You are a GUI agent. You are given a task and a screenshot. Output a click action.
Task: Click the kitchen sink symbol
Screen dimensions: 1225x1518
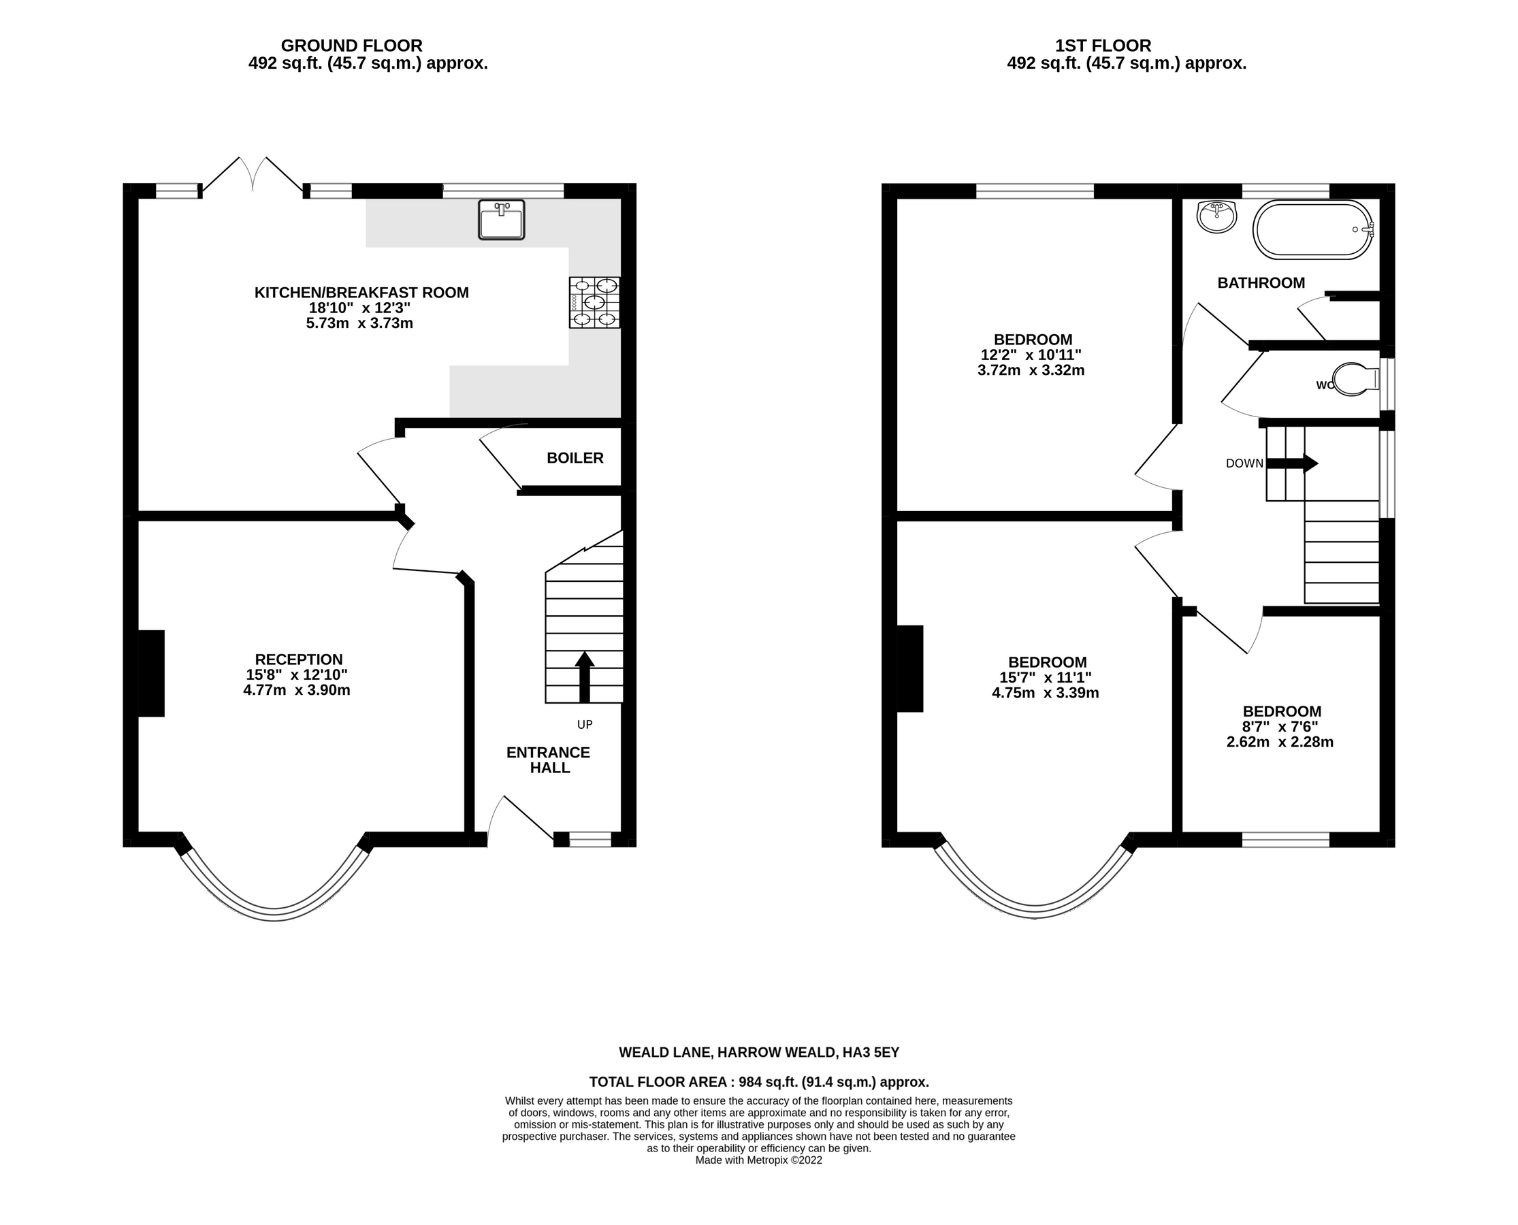[x=501, y=219]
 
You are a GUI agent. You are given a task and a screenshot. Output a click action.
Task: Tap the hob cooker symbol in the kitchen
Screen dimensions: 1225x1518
[x=595, y=303]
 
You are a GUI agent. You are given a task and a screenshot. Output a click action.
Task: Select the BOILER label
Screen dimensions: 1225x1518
[x=575, y=458]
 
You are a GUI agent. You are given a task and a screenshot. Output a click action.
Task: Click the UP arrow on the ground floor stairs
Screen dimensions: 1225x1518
[x=584, y=676]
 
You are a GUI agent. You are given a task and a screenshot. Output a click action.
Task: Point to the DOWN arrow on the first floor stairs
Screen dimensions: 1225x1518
[x=1292, y=463]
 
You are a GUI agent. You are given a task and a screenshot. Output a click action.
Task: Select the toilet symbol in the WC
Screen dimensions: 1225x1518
[x=1357, y=380]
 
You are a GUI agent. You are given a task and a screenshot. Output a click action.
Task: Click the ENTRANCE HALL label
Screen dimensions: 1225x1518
[x=549, y=760]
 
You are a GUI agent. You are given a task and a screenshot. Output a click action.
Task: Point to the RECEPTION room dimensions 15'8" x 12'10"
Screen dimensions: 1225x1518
[x=297, y=674]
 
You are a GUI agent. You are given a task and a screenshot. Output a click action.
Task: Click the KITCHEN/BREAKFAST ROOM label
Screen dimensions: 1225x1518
[x=361, y=292]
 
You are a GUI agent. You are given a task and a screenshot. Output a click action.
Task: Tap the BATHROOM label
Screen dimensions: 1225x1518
[x=1261, y=283]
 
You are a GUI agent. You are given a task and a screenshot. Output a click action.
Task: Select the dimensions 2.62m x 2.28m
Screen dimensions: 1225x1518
[x=1280, y=742]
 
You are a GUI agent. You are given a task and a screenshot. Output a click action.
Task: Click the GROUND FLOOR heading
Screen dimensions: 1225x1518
[x=351, y=46]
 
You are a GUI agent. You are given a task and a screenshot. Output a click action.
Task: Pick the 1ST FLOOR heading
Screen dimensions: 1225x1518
[x=1103, y=46]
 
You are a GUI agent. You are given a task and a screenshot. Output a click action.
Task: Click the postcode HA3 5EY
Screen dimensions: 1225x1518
[x=871, y=1053]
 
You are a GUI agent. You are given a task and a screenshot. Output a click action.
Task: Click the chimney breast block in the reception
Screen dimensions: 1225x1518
[x=151, y=673]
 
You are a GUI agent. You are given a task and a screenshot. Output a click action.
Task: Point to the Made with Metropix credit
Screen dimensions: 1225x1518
[x=758, y=1160]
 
